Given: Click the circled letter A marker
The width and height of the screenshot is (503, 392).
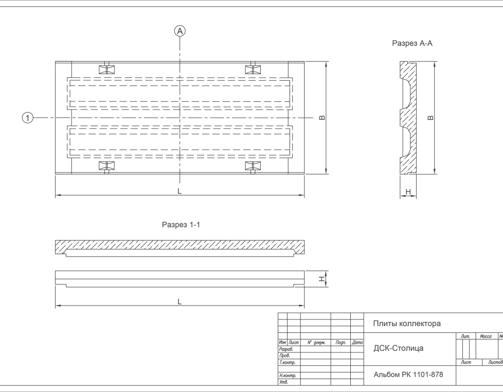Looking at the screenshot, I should click(180, 31).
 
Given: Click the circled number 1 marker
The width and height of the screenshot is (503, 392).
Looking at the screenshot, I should click(28, 118).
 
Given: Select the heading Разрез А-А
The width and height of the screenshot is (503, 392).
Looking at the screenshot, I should click(412, 44).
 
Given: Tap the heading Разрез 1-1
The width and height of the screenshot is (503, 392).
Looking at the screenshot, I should click(180, 225).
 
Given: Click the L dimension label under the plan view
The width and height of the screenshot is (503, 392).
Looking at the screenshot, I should click(179, 191).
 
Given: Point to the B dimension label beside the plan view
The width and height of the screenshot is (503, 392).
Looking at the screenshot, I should click(322, 118).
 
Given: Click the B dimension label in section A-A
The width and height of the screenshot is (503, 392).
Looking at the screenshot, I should click(431, 118).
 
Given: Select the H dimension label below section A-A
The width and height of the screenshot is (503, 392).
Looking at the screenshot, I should click(408, 191).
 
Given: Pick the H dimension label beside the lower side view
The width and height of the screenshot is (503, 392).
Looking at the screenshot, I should click(321, 279).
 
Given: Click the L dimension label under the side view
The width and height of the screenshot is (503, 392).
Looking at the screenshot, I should click(179, 301).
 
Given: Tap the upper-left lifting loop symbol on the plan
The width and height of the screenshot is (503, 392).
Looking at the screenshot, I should click(107, 70).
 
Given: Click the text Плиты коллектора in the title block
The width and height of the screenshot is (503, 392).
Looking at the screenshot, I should click(406, 324).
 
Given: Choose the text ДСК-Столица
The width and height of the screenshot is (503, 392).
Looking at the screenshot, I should click(398, 348).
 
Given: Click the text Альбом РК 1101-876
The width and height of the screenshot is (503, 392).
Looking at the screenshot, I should click(408, 375).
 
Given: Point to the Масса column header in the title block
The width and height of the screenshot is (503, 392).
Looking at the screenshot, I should click(486, 336).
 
